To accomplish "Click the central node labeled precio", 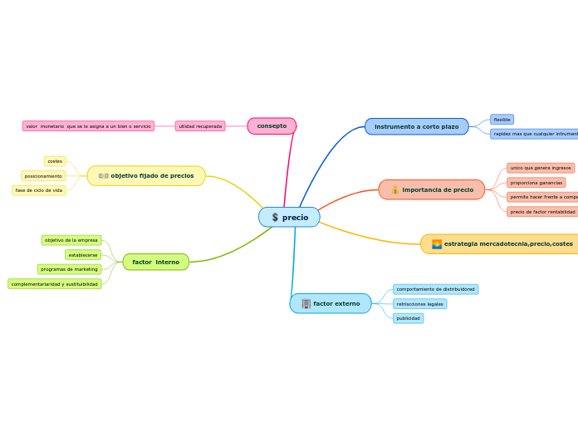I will [289, 218].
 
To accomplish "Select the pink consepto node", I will [272, 126].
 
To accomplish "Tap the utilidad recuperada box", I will [200, 126].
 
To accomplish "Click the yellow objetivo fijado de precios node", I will [146, 176].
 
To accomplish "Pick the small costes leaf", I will [55, 161].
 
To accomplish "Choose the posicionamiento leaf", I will [43, 176].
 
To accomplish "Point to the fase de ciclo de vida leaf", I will [39, 190].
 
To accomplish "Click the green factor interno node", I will [155, 263].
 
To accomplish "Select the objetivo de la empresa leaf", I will [71, 240].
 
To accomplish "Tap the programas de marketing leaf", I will [69, 269].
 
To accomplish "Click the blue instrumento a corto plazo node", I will [416, 126].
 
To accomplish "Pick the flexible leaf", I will [502, 120].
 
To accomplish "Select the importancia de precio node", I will [432, 190].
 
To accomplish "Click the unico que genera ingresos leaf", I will [541, 168].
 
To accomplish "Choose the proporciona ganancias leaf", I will [536, 183].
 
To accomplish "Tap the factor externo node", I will [331, 304].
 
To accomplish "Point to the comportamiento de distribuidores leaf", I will [435, 289].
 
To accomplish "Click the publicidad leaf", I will [408, 318].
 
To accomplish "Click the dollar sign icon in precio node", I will [275, 218].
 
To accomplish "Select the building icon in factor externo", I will [306, 304].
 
